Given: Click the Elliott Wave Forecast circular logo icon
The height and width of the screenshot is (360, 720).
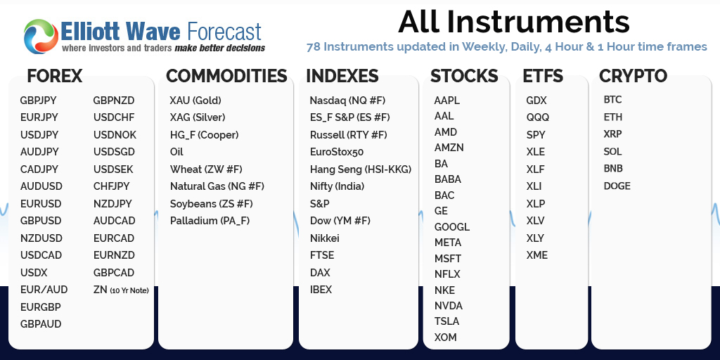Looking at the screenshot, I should (x=40, y=36).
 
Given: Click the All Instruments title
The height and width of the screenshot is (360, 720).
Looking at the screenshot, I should (x=513, y=22).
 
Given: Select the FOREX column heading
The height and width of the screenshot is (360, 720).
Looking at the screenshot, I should (x=55, y=76).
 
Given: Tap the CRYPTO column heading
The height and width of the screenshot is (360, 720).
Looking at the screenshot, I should (x=633, y=76).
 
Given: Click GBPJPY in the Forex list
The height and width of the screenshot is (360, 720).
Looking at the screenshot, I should (x=39, y=101).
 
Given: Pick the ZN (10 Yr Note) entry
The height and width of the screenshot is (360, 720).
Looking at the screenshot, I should (x=121, y=290).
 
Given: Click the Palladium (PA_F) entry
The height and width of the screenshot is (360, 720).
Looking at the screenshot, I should (x=210, y=221).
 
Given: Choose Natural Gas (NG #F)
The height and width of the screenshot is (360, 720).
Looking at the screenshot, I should (x=217, y=186).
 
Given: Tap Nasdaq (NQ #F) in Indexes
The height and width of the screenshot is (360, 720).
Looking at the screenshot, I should (x=347, y=101).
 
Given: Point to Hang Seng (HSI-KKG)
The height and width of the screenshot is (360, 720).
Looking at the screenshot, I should (x=360, y=169).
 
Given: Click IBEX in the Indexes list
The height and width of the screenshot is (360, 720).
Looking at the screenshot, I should (x=321, y=290).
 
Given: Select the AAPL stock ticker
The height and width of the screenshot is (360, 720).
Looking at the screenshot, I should (x=446, y=101).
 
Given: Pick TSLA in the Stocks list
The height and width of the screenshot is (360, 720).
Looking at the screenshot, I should (x=446, y=321).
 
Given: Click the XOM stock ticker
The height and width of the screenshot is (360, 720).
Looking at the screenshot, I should (x=445, y=337).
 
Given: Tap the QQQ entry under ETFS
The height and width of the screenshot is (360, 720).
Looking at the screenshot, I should (x=537, y=117).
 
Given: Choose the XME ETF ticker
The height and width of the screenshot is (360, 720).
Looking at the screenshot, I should (x=536, y=255).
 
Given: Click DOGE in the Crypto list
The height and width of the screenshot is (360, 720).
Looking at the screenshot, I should (x=617, y=186).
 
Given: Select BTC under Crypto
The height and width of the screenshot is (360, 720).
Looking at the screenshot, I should (x=612, y=100).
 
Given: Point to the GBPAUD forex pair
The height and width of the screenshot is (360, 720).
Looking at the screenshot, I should (x=41, y=324).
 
